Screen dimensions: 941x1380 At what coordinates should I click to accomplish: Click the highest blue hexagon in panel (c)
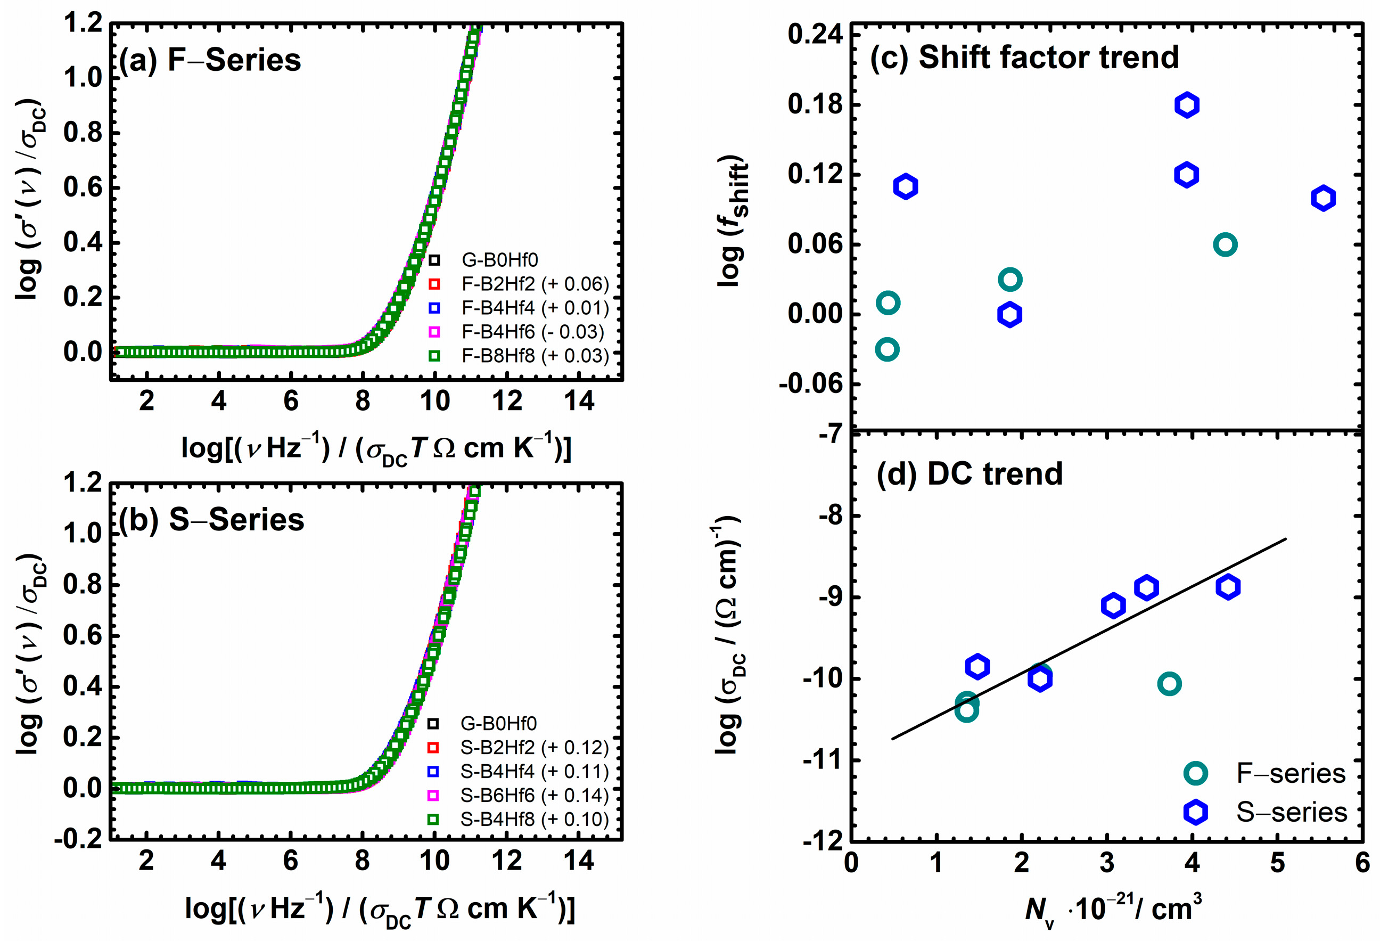pyautogui.click(x=1186, y=105)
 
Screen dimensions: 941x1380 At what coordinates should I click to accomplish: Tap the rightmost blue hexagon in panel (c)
pyautogui.click(x=1323, y=198)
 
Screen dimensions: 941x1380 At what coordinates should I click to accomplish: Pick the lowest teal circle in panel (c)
pyautogui.click(x=887, y=349)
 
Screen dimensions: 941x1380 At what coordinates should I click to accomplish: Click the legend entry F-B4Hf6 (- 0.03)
pyautogui.click(x=532, y=331)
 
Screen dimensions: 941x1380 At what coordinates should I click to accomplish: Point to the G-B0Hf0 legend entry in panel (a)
pyautogui.click(x=499, y=259)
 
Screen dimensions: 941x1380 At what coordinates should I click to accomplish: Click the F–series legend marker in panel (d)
pyautogui.click(x=1195, y=773)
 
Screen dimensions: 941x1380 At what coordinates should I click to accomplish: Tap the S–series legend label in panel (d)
pyautogui.click(x=1292, y=812)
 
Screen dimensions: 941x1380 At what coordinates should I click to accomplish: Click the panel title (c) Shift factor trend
pyautogui.click(x=1024, y=58)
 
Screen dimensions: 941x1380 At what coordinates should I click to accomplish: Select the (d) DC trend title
pyautogui.click(x=969, y=473)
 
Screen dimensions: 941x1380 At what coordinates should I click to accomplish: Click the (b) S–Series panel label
pyautogui.click(x=211, y=520)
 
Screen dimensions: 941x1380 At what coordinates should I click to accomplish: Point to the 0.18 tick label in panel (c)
pyautogui.click(x=815, y=104)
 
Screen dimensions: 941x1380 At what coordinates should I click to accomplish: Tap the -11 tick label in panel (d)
pyautogui.click(x=823, y=759)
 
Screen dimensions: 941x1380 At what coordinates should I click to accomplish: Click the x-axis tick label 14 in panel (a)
pyautogui.click(x=579, y=402)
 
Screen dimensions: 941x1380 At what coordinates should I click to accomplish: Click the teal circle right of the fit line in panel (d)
pyautogui.click(x=1169, y=684)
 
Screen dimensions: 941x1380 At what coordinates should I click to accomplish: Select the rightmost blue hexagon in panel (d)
pyautogui.click(x=1227, y=587)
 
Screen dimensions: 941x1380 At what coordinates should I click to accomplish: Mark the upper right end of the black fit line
pyautogui.click(x=1286, y=539)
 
